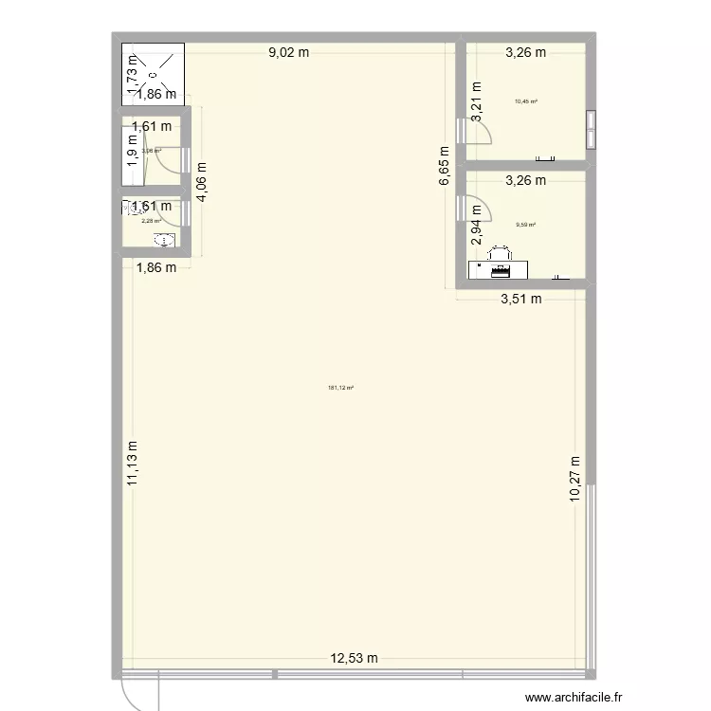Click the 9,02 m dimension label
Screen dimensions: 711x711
289,53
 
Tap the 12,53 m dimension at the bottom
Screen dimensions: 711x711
354,658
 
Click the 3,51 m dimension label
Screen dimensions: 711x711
521,301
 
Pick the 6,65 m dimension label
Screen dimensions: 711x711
443,170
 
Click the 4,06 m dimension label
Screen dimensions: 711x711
202,181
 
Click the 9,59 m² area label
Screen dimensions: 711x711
525,225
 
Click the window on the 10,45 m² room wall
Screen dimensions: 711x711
592,130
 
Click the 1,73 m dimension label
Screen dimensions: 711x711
133,68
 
